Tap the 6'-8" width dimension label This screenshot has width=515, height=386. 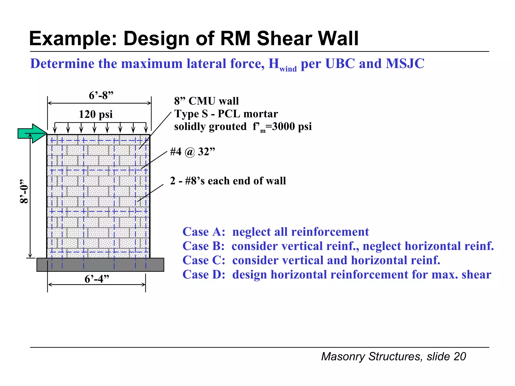point(101,95)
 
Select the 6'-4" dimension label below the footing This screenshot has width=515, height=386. point(97,279)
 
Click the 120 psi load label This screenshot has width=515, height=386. point(96,114)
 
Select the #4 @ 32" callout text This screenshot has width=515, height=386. point(193,152)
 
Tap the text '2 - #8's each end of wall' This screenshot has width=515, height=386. point(228,181)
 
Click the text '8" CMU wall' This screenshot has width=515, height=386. point(206,101)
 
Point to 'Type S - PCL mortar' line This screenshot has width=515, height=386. point(226,114)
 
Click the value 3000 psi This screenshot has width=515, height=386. point(292,126)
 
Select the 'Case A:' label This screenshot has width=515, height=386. point(204,232)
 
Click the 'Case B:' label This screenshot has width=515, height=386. point(203,246)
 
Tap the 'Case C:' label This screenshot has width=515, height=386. point(204,260)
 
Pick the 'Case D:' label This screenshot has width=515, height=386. point(204,275)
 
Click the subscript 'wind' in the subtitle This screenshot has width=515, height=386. point(288,69)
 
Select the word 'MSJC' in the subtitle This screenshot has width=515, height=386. point(405,63)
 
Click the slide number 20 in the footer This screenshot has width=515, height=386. point(460,357)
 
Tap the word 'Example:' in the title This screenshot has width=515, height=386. point(73,38)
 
